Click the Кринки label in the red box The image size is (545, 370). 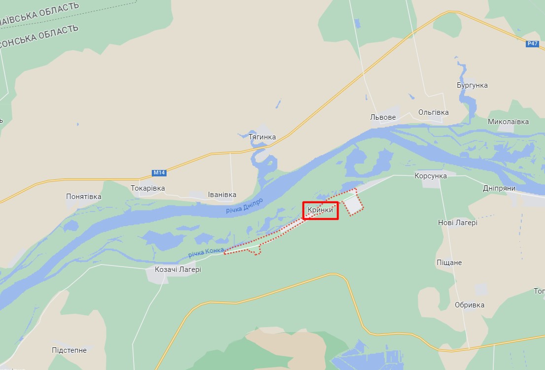tap(320, 210)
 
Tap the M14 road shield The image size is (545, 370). tap(159, 173)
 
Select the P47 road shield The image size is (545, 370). tap(532, 44)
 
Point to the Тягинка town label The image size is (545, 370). tap(262, 137)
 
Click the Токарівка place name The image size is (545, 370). tap(148, 188)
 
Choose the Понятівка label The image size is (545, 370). tap(84, 197)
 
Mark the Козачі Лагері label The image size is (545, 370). tap(178, 269)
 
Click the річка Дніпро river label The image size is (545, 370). tap(245, 206)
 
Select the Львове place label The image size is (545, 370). tap(383, 117)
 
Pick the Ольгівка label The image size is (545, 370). tap(433, 112)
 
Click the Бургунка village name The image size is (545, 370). tap(472, 85)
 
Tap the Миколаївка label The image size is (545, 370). tap(508, 122)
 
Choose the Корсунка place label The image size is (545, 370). tap(431, 176)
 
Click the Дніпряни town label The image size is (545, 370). tap(499, 188)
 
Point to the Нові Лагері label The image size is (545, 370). tap(457, 223)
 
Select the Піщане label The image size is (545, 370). tap(449, 263)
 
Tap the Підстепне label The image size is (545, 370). tap(69, 350)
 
